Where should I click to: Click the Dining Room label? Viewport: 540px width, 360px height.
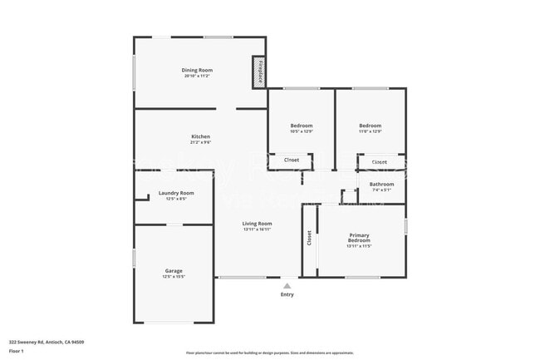pyautogui.click(x=198, y=70)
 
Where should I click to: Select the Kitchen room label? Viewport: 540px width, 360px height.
pyautogui.click(x=200, y=136)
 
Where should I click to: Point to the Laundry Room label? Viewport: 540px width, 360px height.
pyautogui.click(x=175, y=193)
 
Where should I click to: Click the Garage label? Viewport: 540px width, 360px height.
pyautogui.click(x=174, y=271)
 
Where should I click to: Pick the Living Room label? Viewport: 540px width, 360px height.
pyautogui.click(x=257, y=223)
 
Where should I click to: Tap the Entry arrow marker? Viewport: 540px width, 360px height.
pyautogui.click(x=287, y=285)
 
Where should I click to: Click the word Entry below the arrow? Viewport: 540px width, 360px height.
pyautogui.click(x=287, y=294)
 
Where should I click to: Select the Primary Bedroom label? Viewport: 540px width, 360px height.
pyautogui.click(x=360, y=237)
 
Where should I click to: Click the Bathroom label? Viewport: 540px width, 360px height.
pyautogui.click(x=381, y=184)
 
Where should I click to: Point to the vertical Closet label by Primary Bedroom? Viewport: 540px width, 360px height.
pyautogui.click(x=309, y=239)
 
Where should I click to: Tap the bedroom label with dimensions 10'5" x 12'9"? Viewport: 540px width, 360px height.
pyautogui.click(x=302, y=126)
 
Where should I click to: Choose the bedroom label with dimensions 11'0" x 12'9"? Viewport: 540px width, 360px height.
pyautogui.click(x=370, y=126)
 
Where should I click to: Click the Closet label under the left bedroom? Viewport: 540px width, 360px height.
pyautogui.click(x=292, y=160)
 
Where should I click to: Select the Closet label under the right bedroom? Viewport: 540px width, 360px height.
pyautogui.click(x=379, y=161)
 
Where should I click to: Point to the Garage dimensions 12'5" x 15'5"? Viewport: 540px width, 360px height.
pyautogui.click(x=174, y=277)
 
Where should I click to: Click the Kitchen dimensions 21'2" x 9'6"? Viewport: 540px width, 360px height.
pyautogui.click(x=200, y=142)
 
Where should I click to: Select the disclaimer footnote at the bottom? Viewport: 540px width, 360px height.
pyautogui.click(x=270, y=353)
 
